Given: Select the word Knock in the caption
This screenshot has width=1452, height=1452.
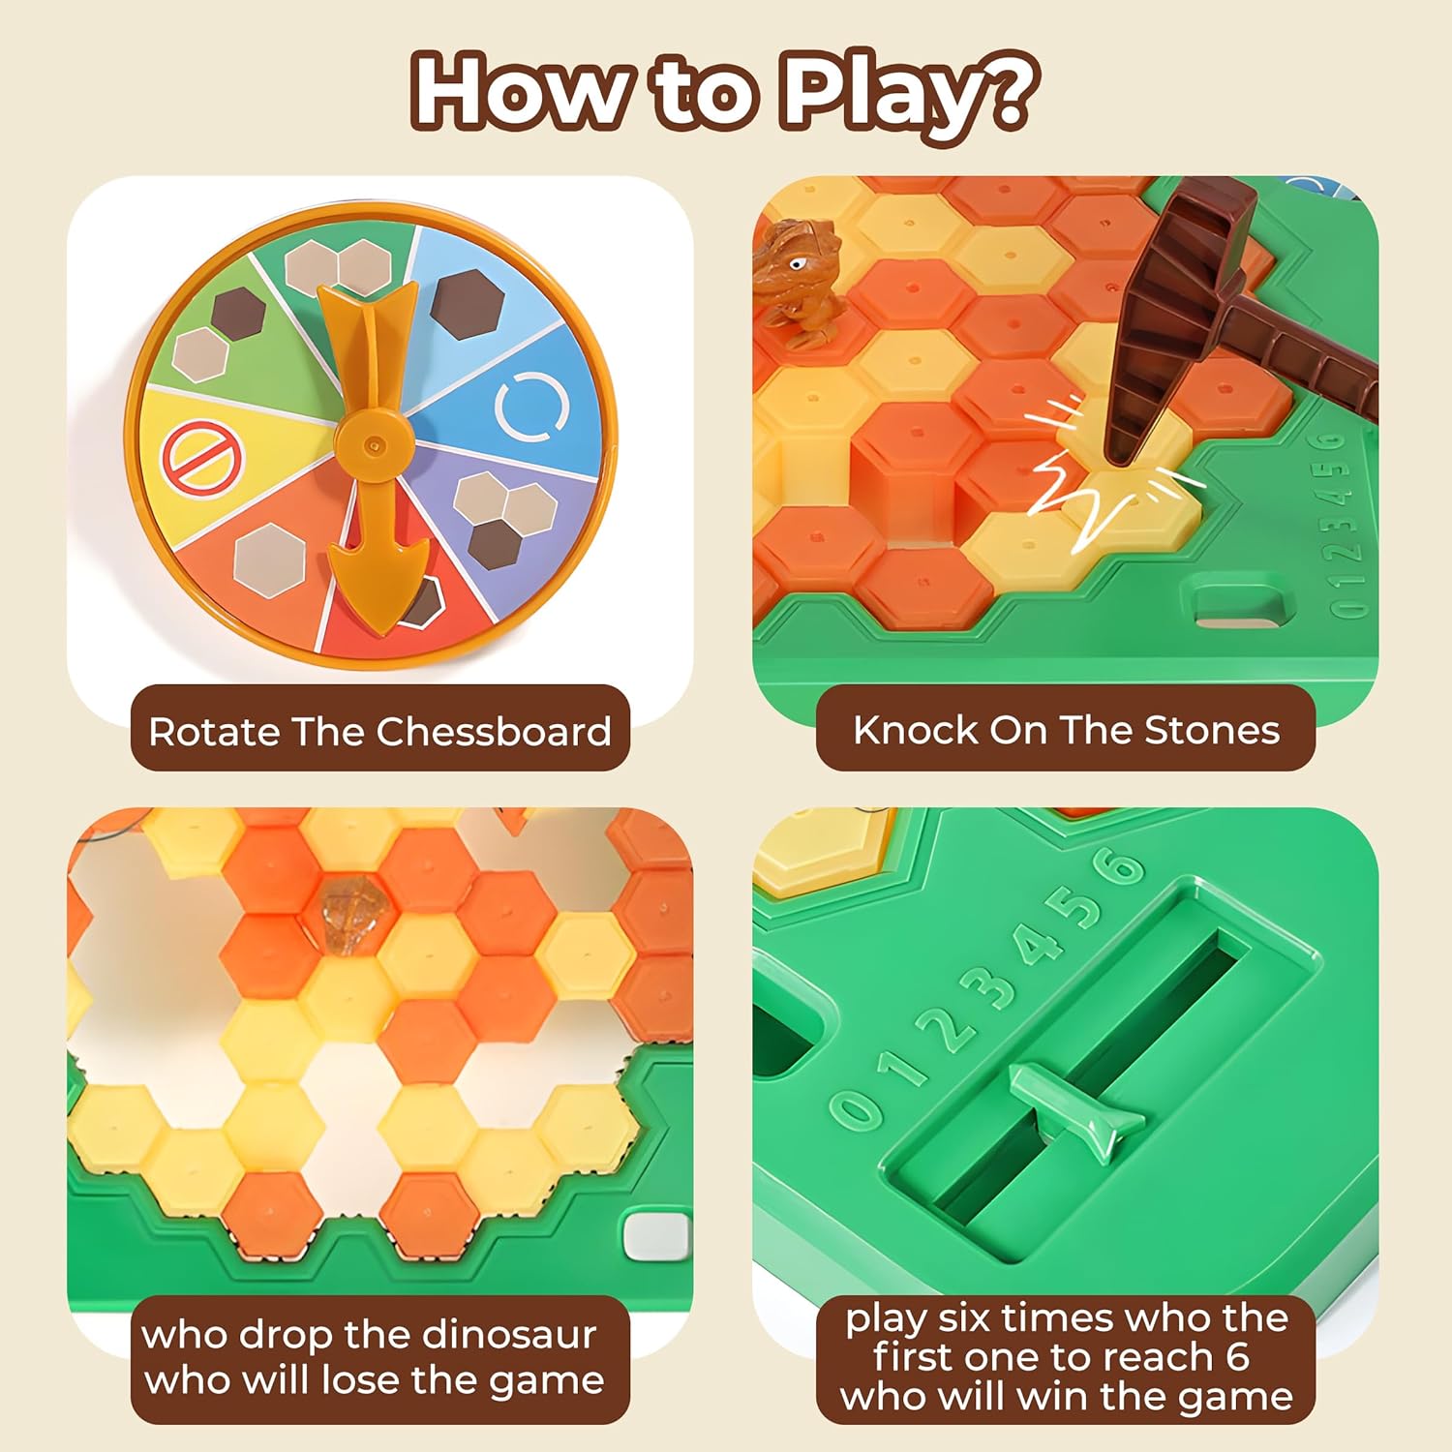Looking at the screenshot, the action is click(916, 730).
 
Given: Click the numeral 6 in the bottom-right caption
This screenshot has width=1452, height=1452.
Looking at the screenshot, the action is click(1236, 1357).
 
